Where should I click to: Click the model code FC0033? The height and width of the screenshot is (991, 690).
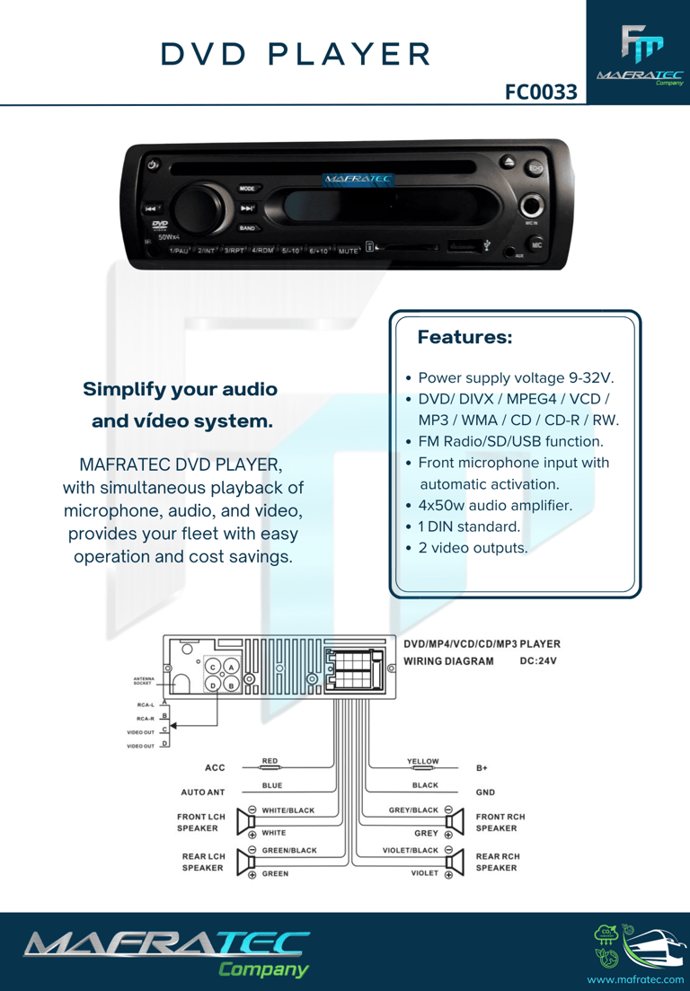(x=541, y=92)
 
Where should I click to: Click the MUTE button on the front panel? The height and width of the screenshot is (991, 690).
(x=349, y=251)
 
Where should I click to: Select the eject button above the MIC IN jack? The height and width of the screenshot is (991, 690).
(x=509, y=164)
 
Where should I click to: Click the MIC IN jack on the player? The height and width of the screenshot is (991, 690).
(x=532, y=206)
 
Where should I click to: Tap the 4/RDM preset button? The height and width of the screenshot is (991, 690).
(x=262, y=250)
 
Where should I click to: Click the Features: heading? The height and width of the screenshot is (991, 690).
(x=464, y=338)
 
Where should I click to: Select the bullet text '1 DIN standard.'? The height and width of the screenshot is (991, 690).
(x=469, y=526)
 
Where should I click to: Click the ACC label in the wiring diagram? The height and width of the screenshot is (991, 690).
(x=215, y=768)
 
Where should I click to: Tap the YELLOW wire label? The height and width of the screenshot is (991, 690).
(x=423, y=762)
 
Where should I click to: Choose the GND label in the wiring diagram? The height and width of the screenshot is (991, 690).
(x=485, y=793)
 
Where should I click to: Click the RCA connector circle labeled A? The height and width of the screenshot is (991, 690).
(x=231, y=668)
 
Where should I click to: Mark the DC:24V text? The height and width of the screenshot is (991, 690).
(x=539, y=661)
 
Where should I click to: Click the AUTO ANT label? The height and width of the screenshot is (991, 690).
(x=203, y=792)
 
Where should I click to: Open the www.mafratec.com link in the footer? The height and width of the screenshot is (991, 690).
(x=635, y=978)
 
